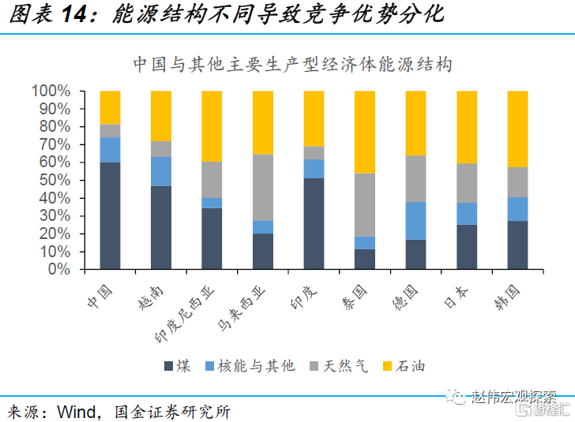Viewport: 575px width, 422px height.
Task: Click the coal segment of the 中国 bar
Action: coord(111,215)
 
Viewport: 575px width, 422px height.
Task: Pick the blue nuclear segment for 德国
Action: coord(415,220)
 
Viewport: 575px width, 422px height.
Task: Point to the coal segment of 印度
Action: coord(314,223)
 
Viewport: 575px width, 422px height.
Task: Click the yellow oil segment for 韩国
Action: coord(517,129)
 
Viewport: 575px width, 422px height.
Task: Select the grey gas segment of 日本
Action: coord(467,183)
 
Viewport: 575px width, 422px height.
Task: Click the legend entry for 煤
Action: coord(177,365)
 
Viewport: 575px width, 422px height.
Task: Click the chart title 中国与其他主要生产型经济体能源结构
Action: coord(292,64)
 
